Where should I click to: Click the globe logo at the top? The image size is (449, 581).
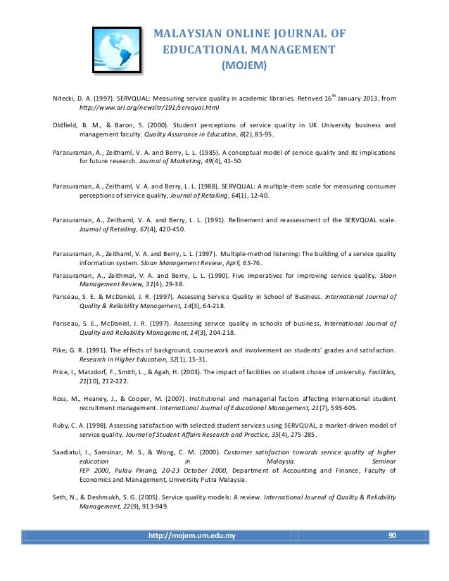117,47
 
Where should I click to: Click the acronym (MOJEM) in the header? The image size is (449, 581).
244,66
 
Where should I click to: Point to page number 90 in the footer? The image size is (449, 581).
393,536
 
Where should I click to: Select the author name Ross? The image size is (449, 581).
62,400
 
